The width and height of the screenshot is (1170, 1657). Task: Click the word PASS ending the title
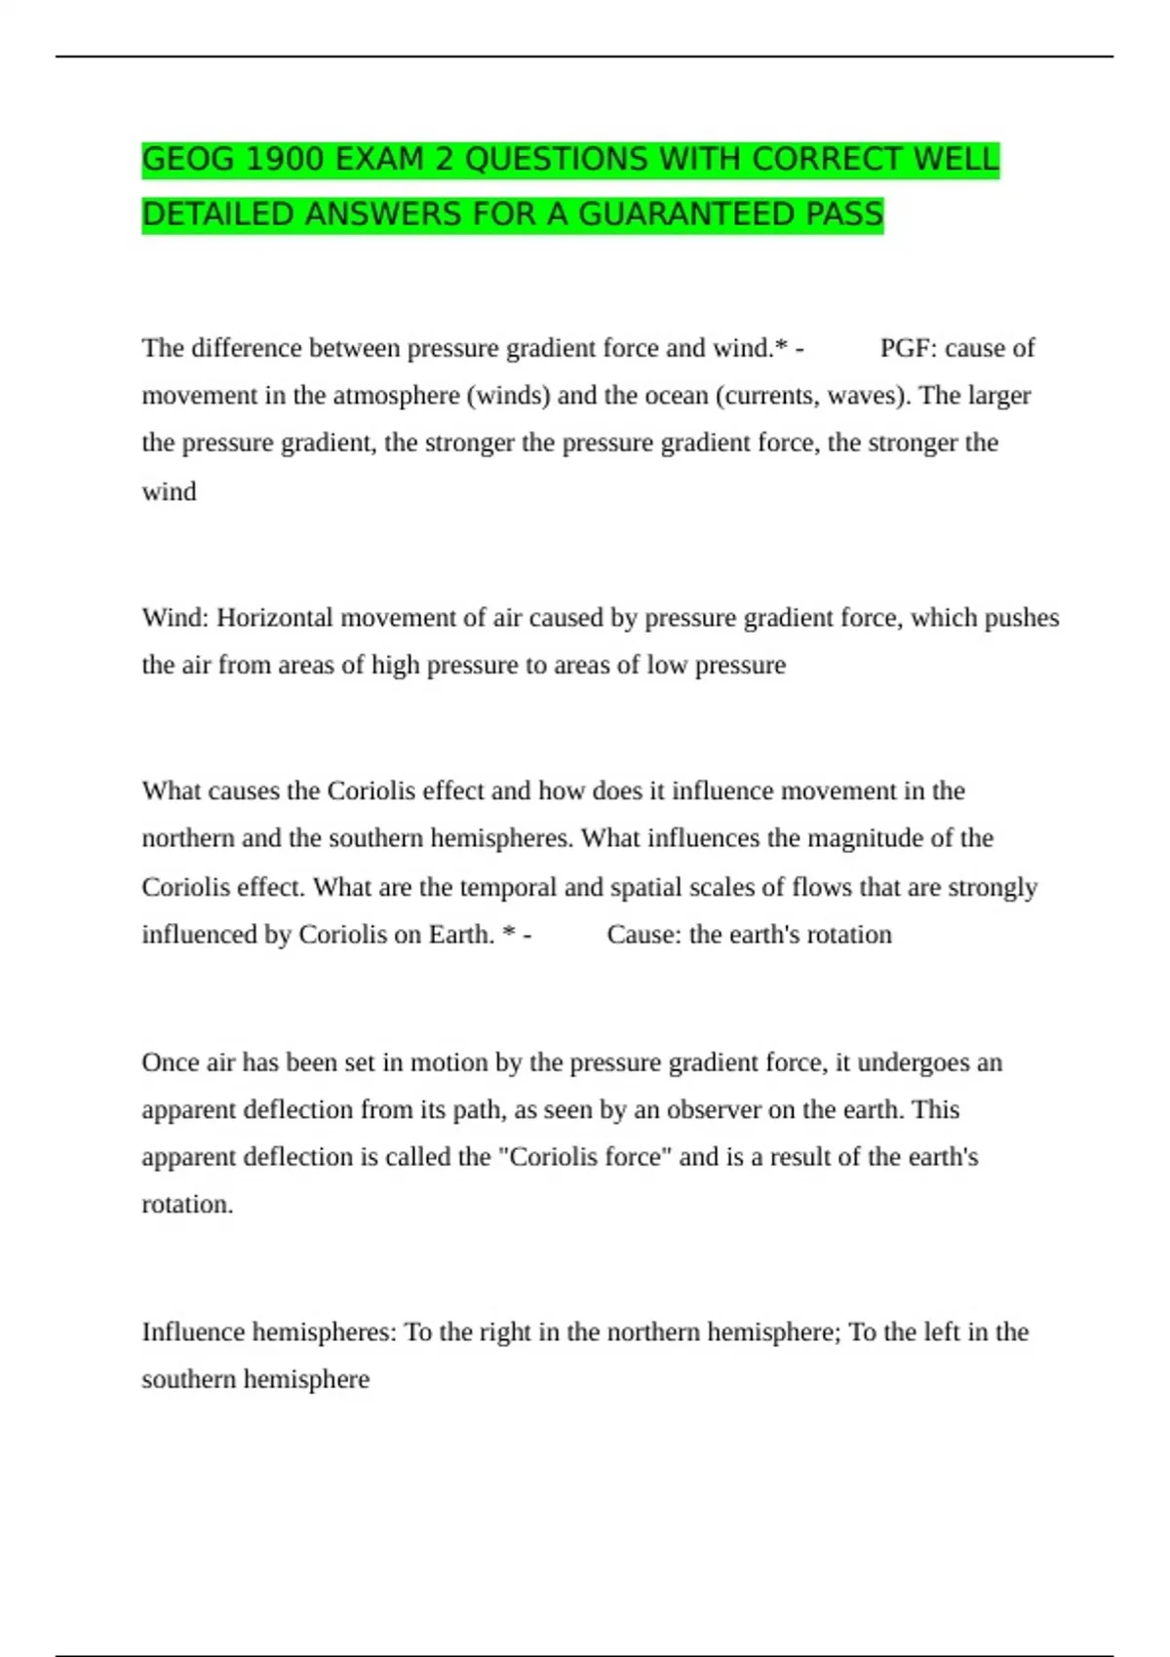pos(844,214)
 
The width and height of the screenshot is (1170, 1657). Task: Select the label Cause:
pos(643,935)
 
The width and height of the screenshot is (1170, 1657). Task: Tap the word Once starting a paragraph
pos(171,1062)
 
